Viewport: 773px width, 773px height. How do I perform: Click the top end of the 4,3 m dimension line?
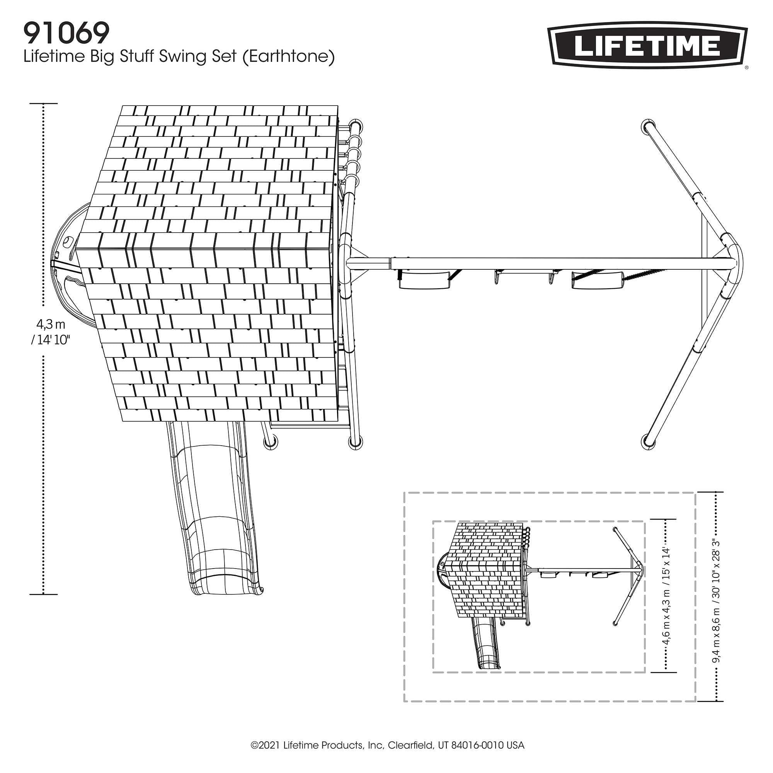(44, 104)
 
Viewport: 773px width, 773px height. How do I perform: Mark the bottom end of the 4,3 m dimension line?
(44, 594)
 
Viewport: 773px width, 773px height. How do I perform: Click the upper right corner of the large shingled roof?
(338, 106)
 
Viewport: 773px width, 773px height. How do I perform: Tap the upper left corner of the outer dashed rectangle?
(404, 492)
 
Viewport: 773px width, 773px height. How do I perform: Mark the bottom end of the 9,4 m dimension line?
(715, 701)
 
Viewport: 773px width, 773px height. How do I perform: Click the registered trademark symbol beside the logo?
(746, 68)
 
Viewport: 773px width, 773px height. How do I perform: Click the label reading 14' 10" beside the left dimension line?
(51, 341)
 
